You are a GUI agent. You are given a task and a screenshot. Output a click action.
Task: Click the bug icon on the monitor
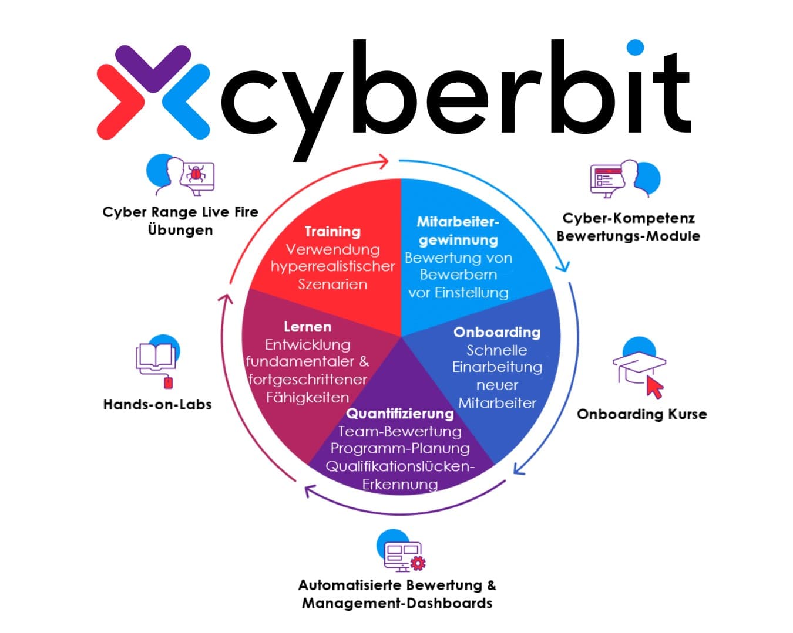[x=196, y=173]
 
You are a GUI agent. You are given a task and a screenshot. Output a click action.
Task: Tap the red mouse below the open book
[x=167, y=382]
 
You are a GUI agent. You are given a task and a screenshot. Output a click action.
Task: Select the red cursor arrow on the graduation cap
[x=655, y=388]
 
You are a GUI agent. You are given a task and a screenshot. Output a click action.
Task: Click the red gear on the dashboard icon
[x=418, y=563]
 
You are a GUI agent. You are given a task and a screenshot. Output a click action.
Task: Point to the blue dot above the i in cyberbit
[x=635, y=48]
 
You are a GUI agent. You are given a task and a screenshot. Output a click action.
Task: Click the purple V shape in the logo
[x=153, y=69]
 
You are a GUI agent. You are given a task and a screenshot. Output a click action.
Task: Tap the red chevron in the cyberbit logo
[x=120, y=102]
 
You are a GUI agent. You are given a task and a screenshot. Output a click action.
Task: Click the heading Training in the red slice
[x=332, y=232]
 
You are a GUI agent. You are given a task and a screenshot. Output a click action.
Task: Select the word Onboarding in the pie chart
[x=497, y=332]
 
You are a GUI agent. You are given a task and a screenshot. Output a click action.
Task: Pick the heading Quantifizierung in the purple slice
[x=400, y=414]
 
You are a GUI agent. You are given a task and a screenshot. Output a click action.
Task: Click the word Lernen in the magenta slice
[x=307, y=327]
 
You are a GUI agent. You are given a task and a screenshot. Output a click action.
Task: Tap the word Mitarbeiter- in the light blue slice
[x=458, y=222]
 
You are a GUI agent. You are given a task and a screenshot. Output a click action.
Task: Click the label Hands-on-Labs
[x=157, y=404]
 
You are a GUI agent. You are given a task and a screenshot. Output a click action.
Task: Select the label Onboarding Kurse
[x=641, y=414]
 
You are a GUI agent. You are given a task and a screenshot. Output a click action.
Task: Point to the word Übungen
[x=180, y=230]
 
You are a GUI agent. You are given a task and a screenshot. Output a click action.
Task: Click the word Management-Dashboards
[x=397, y=603]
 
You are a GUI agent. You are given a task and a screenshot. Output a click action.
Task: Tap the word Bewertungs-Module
[x=629, y=236]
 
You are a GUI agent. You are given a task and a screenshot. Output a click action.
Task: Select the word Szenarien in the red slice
[x=332, y=284]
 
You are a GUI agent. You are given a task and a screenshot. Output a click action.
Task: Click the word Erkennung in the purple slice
[x=400, y=485]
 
